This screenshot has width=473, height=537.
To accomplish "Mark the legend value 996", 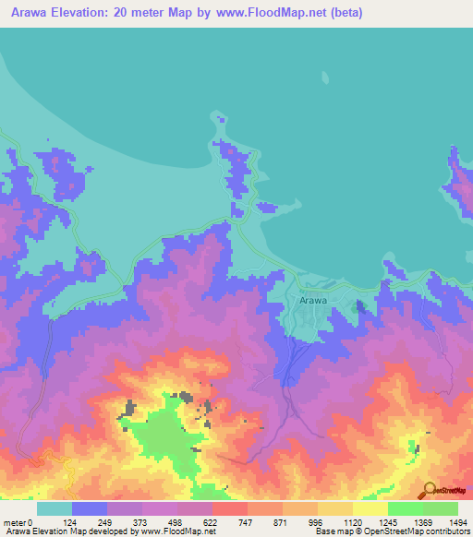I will point(315,522).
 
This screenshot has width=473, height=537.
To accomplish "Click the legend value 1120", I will point(351,522).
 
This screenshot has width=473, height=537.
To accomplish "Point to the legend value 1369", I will point(422,522).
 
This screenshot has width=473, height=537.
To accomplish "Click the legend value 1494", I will point(457,522).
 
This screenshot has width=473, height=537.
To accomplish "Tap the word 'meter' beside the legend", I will point(13,522).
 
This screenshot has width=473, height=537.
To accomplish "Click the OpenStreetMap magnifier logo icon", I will point(428,490).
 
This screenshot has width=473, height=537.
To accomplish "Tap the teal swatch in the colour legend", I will point(54,508).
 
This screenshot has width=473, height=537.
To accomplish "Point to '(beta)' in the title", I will point(349,13).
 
